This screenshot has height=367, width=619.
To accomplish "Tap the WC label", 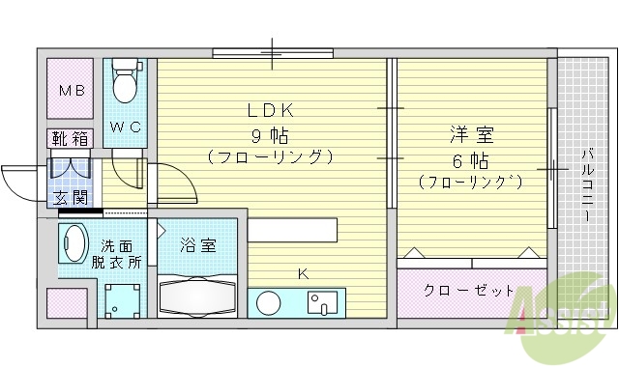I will pos(125,127).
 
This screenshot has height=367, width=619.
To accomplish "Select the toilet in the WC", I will pos(125,85).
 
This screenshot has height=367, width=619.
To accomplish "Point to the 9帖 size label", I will pos(272,131).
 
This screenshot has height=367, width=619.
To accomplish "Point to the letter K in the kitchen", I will pos(303,275).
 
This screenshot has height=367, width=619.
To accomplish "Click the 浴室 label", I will pos(198,245).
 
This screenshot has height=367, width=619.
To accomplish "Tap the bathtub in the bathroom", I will pos(198,294).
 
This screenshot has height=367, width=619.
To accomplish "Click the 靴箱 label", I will pos(70,139).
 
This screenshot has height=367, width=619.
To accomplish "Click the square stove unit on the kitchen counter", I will pos(323,302).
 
